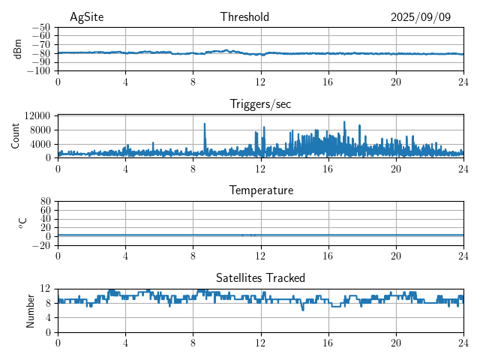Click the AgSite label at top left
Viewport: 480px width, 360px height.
(x=85, y=17)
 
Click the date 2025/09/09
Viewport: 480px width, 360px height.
(x=421, y=17)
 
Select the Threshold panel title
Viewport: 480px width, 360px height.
(x=244, y=17)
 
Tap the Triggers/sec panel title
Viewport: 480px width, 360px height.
(x=260, y=104)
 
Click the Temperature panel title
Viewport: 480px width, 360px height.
(x=261, y=190)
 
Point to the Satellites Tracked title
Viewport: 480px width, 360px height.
(x=260, y=277)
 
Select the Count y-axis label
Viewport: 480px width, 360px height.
(x=16, y=136)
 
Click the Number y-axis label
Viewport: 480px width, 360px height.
(x=31, y=310)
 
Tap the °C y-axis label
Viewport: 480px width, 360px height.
(x=22, y=223)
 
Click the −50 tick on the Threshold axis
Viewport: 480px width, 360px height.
(x=41, y=27)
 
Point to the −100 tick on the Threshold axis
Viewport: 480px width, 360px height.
(x=40, y=71)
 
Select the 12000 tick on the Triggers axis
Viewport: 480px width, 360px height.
(x=37, y=115)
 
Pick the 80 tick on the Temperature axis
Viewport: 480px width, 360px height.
(x=45, y=202)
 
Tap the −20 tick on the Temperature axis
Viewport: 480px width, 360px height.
(x=41, y=245)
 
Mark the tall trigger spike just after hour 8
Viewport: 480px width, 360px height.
(x=205, y=125)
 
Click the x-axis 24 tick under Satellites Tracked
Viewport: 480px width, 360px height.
(x=463, y=342)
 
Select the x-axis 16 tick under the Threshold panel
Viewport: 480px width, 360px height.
(x=328, y=81)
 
